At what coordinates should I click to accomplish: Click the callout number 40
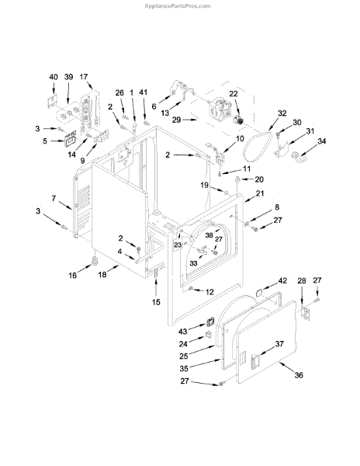(x=54, y=77)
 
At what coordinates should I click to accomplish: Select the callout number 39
(x=68, y=77)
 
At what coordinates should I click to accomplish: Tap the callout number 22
(x=234, y=94)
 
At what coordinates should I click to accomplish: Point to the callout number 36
(x=299, y=375)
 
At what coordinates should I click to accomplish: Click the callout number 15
(x=156, y=302)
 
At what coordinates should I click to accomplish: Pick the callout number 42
(x=282, y=280)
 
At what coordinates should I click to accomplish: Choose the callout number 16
(x=73, y=276)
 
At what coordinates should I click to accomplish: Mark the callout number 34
(x=321, y=141)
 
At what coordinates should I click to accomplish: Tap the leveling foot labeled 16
(x=95, y=261)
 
